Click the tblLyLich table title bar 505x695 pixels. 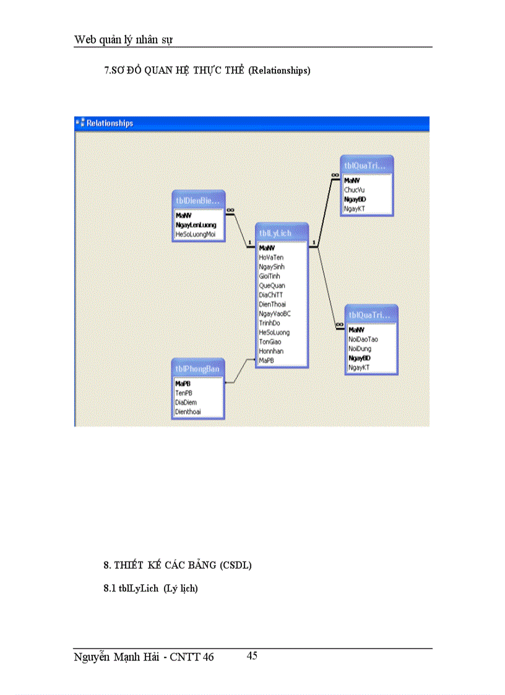(x=282, y=233)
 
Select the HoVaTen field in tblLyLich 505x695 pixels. (x=271, y=257)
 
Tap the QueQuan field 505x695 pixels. (x=272, y=285)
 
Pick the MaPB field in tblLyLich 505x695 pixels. (x=267, y=360)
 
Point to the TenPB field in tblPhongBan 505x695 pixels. (x=183, y=393)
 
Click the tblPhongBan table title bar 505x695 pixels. (x=197, y=369)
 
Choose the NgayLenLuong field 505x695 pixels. (x=196, y=225)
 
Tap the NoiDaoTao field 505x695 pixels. (x=363, y=339)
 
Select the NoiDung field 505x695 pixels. (x=360, y=348)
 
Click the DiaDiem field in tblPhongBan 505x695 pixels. (x=186, y=402)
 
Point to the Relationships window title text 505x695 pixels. (x=110, y=123)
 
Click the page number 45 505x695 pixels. (x=252, y=656)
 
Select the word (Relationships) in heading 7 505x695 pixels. (x=279, y=71)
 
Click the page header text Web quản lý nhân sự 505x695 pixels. (x=123, y=40)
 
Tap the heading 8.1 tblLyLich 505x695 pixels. (x=150, y=589)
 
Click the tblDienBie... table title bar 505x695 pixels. (x=197, y=200)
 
